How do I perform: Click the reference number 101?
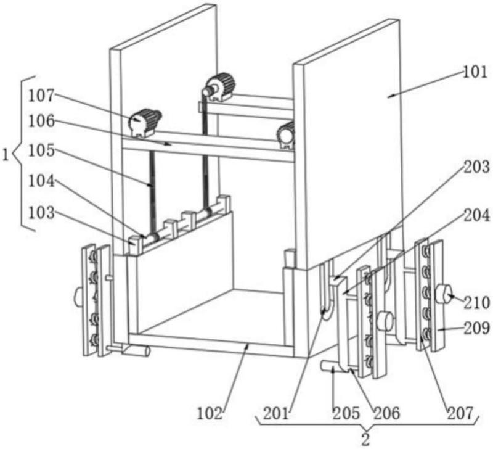pos(475,72)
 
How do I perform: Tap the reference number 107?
pos(41,96)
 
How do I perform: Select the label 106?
pos(41,121)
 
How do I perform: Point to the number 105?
pos(41,151)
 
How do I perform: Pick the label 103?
pos(41,213)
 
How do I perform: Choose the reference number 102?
pos(210,413)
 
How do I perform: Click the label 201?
pos(275,413)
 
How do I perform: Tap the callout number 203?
pos(477,167)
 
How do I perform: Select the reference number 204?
pos(477,216)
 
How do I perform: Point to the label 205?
pos(346,413)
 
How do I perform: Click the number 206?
pos(387,413)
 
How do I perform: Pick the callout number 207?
pos(460,413)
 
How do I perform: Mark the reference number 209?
pos(477,328)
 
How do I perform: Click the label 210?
pos(477,303)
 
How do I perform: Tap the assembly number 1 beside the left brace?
pos(6,155)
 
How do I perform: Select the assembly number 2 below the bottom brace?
pos(365,440)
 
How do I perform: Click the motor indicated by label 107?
pos(144,122)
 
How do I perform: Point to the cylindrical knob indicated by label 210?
pos(443,294)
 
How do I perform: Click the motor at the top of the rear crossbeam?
pos(219,87)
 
